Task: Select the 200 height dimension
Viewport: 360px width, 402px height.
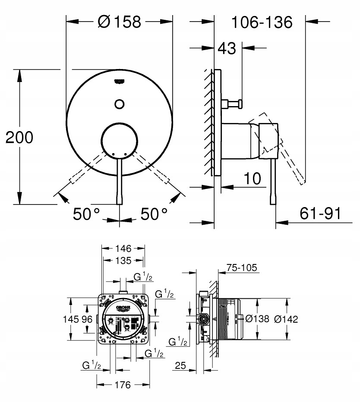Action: [19, 138]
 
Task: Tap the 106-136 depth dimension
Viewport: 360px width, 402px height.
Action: [262, 21]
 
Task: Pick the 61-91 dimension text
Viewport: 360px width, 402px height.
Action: [319, 213]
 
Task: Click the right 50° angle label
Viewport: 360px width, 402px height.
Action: [154, 214]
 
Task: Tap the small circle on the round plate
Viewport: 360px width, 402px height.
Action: [120, 104]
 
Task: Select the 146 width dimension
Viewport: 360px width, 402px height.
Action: [123, 248]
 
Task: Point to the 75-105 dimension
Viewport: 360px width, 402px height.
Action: [242, 268]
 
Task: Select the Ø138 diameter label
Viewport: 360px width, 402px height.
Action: [257, 319]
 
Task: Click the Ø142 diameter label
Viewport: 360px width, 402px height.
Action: [287, 319]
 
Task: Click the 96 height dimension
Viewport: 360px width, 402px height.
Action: [87, 320]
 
